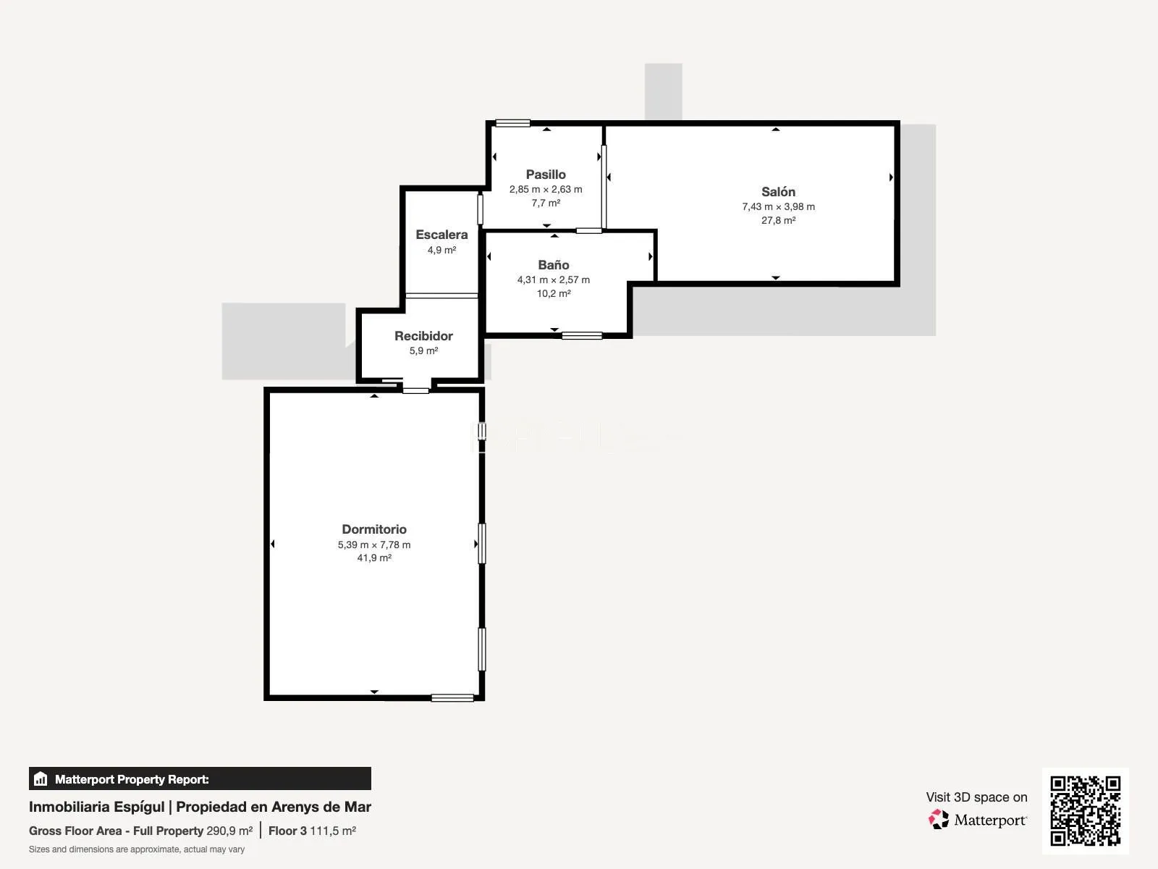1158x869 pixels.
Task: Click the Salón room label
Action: click(778, 191)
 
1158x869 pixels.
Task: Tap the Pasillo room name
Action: click(546, 174)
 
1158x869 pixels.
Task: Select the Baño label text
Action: click(554, 264)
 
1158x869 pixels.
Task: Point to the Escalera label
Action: click(441, 234)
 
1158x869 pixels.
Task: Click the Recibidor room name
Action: click(423, 335)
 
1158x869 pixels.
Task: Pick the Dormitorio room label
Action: click(374, 529)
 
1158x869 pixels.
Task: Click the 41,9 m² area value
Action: click(374, 558)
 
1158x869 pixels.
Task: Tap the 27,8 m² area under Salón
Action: click(778, 220)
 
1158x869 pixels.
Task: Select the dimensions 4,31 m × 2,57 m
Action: click(554, 280)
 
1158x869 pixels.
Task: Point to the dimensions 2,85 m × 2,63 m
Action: click(546, 189)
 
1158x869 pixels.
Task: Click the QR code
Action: click(1085, 810)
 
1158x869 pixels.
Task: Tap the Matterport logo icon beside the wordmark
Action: click(939, 820)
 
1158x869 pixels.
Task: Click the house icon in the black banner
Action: click(41, 778)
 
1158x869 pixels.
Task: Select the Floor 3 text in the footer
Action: click(287, 831)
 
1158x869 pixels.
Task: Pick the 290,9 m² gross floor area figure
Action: click(229, 831)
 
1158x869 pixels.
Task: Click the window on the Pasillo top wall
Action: click(513, 123)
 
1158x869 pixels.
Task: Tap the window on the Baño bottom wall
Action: click(582, 335)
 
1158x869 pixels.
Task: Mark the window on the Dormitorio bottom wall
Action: click(452, 698)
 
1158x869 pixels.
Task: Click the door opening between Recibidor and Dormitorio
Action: click(415, 391)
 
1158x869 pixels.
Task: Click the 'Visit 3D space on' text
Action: click(976, 797)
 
